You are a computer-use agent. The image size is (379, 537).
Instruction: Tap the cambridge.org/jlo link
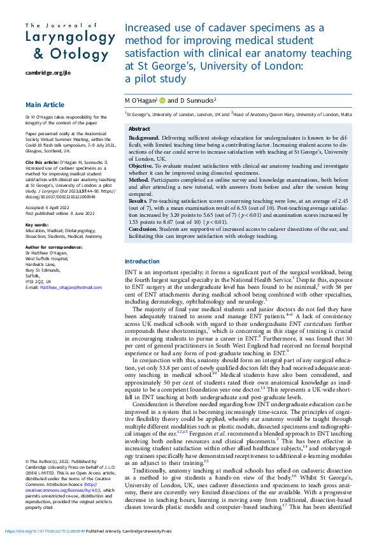tap(48, 73)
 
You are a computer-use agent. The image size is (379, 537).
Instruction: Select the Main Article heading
tap(45, 105)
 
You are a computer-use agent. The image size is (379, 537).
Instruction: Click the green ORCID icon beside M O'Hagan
tap(162, 100)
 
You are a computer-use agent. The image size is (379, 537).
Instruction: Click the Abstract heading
tap(139, 129)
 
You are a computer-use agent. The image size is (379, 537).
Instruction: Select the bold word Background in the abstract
tap(144, 138)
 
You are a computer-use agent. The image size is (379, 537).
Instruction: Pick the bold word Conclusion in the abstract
tap(143, 228)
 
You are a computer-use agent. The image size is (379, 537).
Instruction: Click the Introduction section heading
tap(142, 261)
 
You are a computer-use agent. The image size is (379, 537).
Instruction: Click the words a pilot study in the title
tap(155, 80)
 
